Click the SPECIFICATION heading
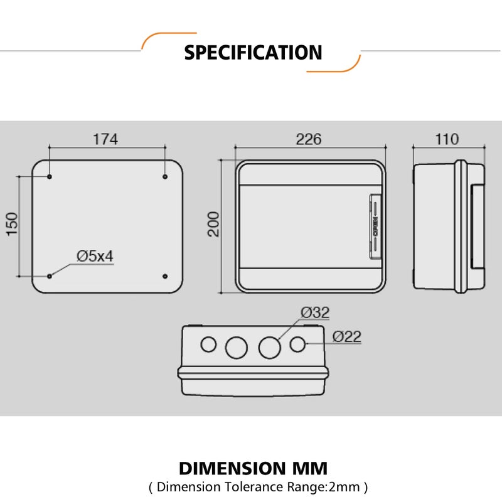[x=253, y=53]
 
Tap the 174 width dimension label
[x=105, y=139]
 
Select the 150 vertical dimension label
[x=12, y=224]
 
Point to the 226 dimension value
[x=309, y=139]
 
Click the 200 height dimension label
[x=213, y=224]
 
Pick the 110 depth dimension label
[x=447, y=139]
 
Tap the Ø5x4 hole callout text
[x=95, y=256]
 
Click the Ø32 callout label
[x=315, y=312]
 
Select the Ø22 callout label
[x=347, y=336]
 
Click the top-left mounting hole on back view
[x=50, y=176]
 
